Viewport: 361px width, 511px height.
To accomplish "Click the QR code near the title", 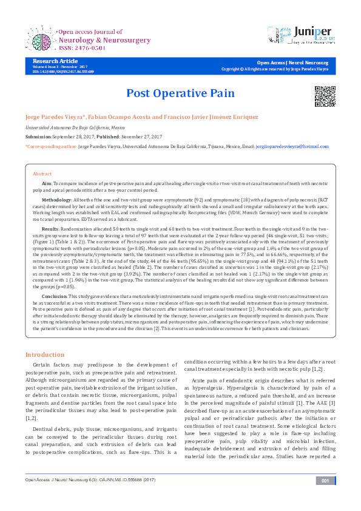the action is click(325, 96).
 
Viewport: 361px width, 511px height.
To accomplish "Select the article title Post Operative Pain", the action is click(180, 93).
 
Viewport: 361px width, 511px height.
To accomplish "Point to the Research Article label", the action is click(55, 61).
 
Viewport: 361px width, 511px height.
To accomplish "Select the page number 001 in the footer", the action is click(325, 498).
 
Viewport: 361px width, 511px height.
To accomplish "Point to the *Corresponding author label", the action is click(51, 147).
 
